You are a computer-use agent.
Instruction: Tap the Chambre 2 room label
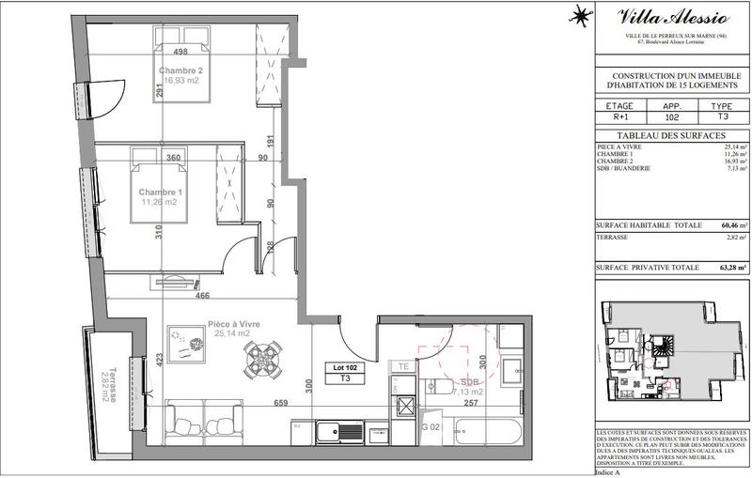[180, 71]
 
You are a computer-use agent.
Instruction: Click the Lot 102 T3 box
[344, 372]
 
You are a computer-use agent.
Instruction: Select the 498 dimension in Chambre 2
[196, 52]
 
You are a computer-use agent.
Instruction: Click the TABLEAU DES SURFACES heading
[666, 135]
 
